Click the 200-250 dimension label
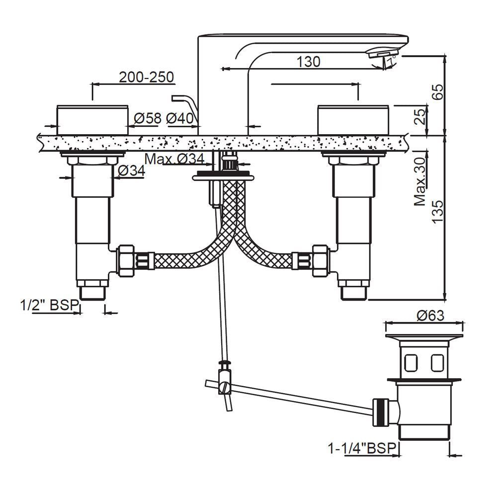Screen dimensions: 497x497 pos(146,77)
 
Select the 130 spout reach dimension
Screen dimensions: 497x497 pos(308,62)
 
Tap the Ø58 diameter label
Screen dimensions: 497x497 pos(148,118)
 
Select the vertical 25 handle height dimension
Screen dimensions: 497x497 pos(420,117)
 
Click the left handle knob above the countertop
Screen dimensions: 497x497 pos(92,120)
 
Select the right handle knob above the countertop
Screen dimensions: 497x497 pos(353,120)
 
